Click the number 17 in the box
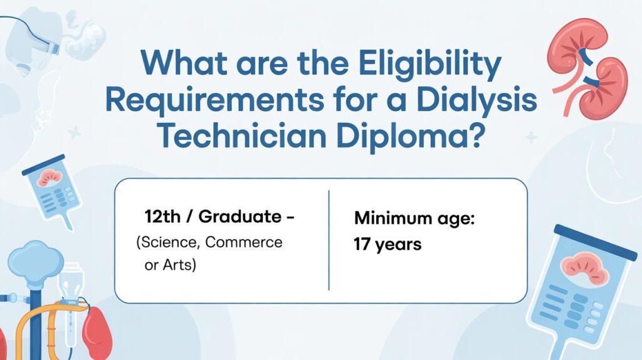point(362,245)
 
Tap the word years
point(398,245)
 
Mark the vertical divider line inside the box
point(329,240)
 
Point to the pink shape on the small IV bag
point(48,179)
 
